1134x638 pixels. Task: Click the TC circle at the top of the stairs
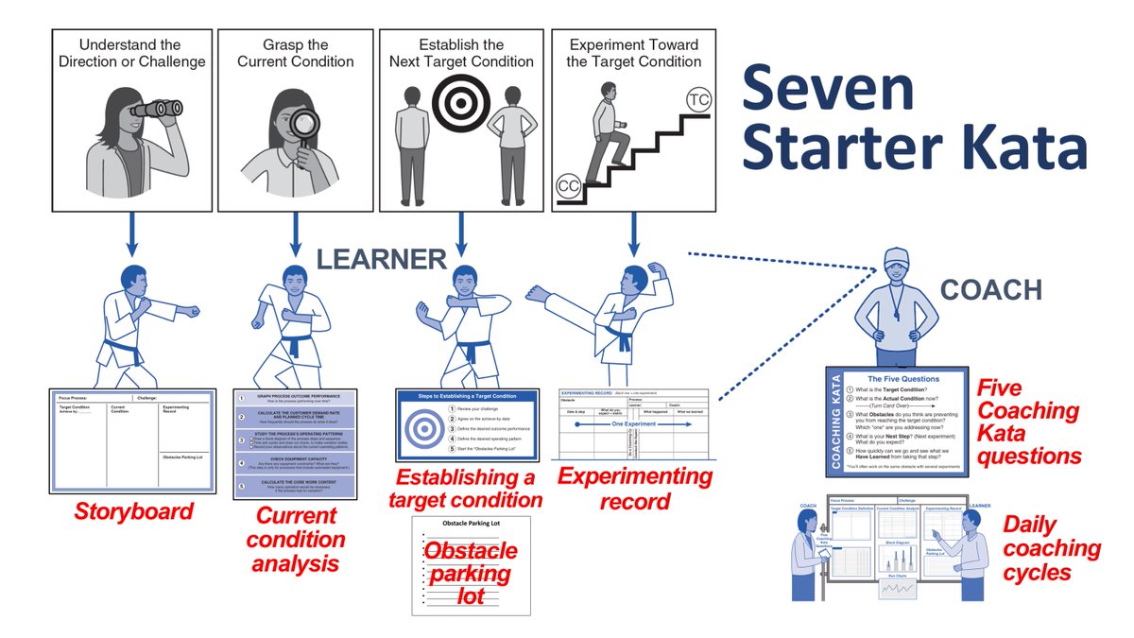tap(699, 100)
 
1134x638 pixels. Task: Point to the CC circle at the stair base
tap(568, 184)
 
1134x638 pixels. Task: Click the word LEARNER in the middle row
tap(381, 259)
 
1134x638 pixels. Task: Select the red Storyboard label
tap(134, 512)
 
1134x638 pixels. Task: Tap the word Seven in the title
tap(827, 88)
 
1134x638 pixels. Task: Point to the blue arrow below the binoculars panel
tap(131, 235)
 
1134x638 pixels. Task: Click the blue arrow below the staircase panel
tap(630, 235)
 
